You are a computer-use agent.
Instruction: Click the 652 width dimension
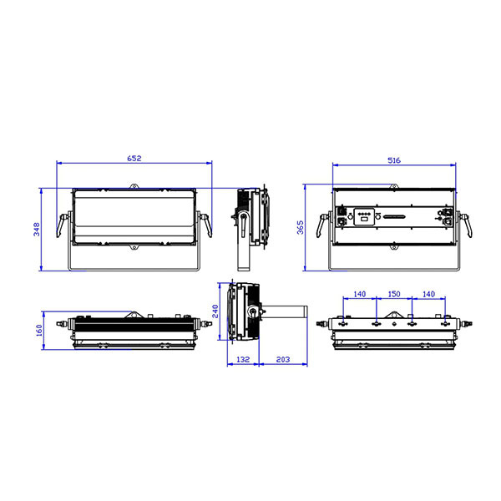click(134, 158)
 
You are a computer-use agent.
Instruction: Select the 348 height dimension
click(37, 230)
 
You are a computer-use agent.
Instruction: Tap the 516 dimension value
click(394, 160)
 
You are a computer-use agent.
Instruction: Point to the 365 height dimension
click(301, 227)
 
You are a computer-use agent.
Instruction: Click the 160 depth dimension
click(39, 331)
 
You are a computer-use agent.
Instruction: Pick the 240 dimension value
click(215, 311)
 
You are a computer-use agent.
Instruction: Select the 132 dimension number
click(243, 359)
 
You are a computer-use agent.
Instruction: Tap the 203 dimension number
click(283, 359)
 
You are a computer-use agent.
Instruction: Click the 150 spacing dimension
click(394, 294)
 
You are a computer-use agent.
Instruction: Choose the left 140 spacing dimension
click(359, 294)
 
